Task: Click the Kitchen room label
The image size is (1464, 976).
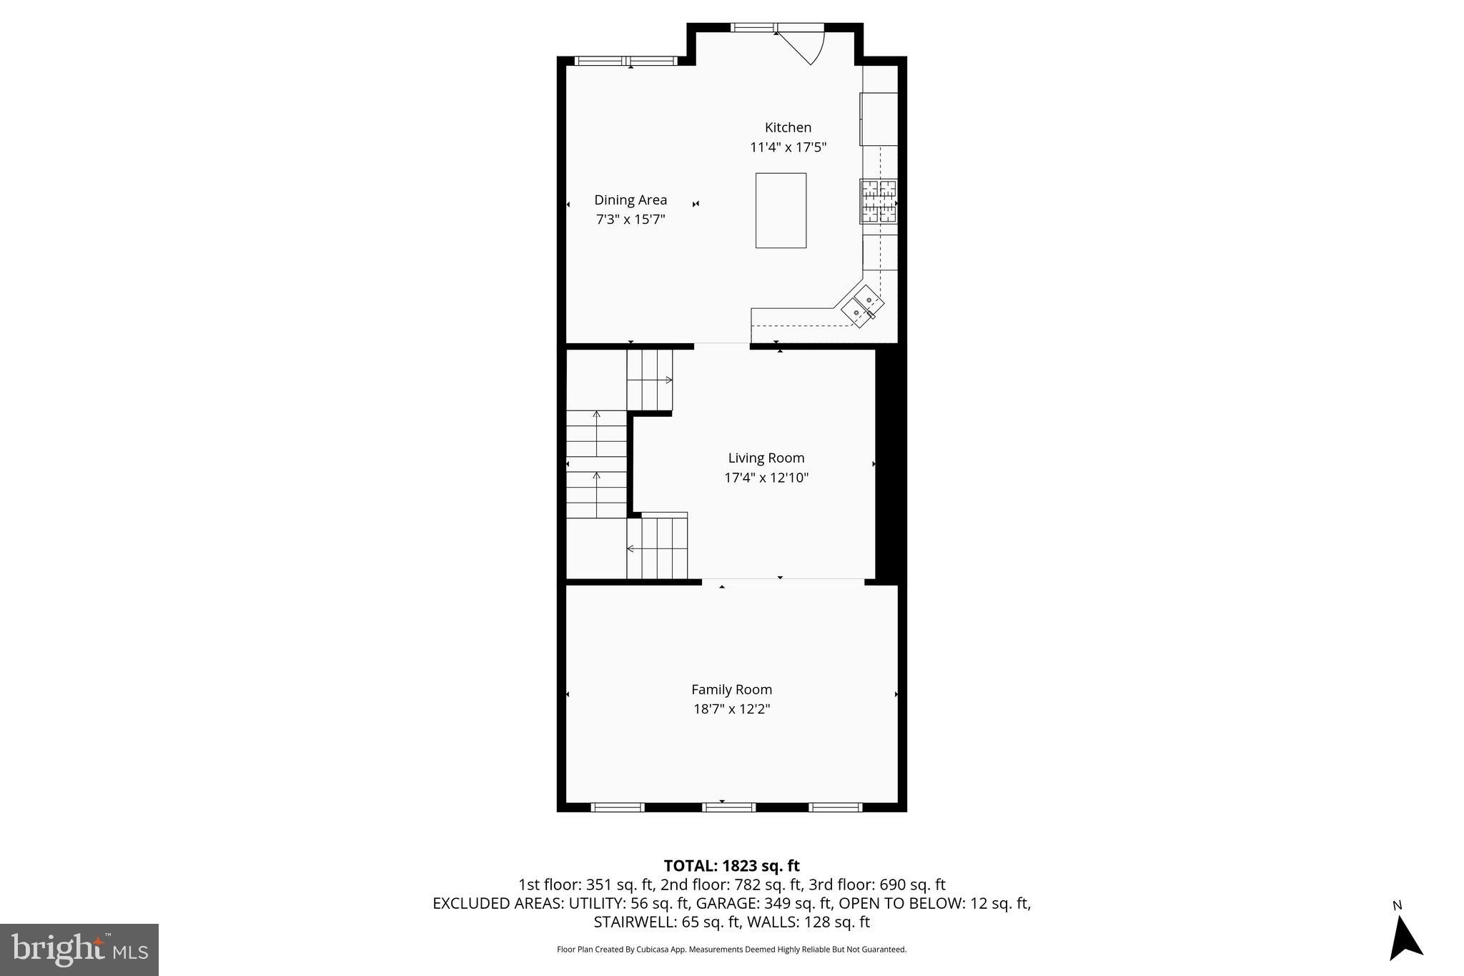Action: [x=788, y=127]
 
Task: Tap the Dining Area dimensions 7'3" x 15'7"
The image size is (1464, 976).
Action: [x=630, y=220]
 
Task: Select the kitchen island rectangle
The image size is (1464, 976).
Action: [x=781, y=210]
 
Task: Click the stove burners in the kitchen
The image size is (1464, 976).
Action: [x=878, y=201]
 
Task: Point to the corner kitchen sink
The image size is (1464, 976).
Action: [x=862, y=307]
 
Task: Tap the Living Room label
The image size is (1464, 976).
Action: [x=766, y=458]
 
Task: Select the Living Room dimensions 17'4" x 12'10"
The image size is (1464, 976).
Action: [x=766, y=478]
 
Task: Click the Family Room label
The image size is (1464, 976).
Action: [x=731, y=689]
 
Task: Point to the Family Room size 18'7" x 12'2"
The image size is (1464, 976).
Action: [x=731, y=709]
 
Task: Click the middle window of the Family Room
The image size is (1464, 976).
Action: [x=728, y=807]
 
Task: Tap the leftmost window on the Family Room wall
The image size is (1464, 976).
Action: [x=618, y=807]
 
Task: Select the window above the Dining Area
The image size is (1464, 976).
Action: [x=625, y=61]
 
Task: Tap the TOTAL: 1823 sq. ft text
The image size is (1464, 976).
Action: [x=731, y=866]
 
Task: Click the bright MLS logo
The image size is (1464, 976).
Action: [x=79, y=950]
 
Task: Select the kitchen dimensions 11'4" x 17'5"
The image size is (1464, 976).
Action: [x=788, y=147]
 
